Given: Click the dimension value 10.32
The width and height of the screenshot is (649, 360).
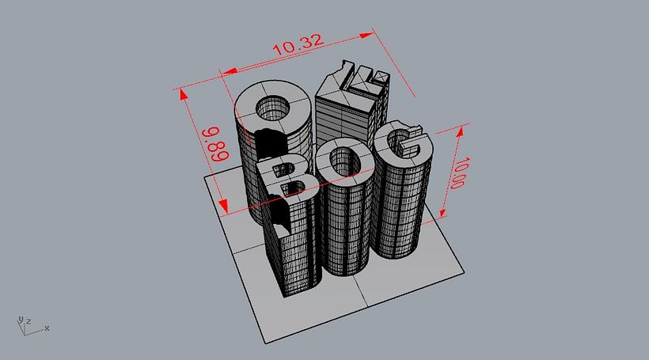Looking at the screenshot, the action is [x=298, y=44].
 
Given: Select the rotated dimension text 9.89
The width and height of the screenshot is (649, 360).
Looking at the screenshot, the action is [x=218, y=144].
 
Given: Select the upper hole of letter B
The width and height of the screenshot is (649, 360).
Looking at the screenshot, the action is [x=281, y=169].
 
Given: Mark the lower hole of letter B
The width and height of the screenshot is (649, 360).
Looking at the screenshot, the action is [x=293, y=188].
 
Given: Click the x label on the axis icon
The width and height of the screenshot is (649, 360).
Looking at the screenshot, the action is [x=47, y=328].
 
